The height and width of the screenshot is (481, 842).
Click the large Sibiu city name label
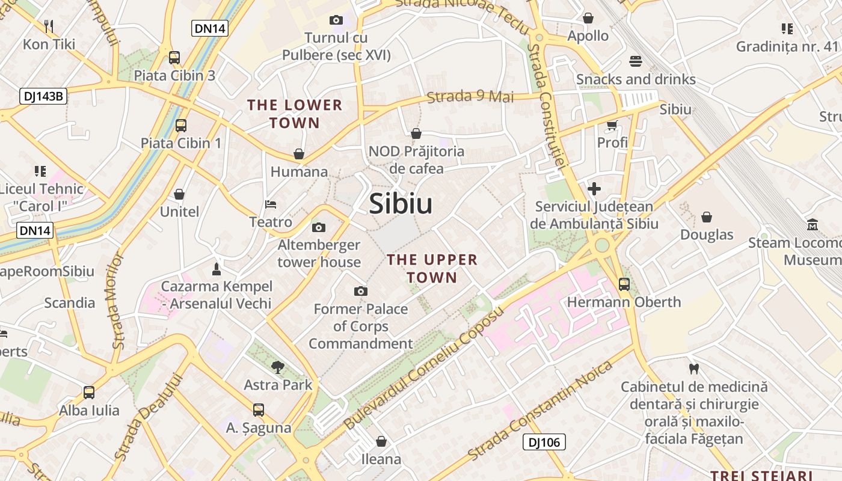click(401, 204)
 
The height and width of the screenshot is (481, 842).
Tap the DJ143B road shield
click(43, 96)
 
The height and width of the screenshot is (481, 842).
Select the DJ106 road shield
click(544, 443)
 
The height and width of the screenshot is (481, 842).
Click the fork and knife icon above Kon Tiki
click(49, 26)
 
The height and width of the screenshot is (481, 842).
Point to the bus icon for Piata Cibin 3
click(174, 58)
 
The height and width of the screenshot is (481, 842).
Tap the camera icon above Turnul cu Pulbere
click(336, 20)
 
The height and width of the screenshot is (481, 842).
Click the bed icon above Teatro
click(271, 204)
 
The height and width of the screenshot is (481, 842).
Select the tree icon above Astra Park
click(277, 367)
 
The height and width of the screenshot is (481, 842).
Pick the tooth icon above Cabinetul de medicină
click(693, 369)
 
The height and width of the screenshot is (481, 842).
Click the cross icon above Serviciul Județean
click(594, 189)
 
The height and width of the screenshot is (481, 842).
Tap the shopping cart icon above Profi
click(612, 125)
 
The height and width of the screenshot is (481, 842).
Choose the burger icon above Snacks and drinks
click(636, 61)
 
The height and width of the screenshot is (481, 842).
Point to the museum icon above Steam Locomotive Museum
click(813, 225)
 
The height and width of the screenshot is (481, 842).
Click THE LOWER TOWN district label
click(295, 114)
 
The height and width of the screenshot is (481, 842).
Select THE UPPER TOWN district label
click(432, 268)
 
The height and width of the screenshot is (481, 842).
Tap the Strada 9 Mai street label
click(470, 96)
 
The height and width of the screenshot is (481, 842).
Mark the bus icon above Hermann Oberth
click(624, 284)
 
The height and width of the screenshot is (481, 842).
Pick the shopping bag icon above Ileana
click(381, 442)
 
